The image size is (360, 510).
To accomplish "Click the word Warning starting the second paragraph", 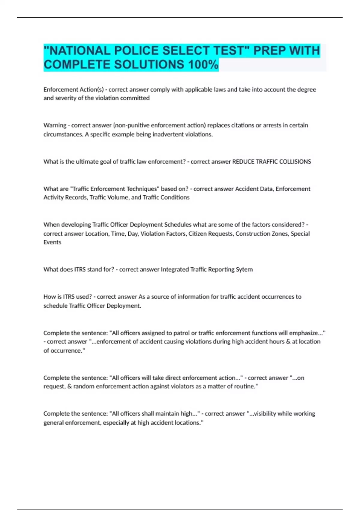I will (55, 125).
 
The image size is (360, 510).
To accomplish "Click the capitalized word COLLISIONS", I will (295, 162).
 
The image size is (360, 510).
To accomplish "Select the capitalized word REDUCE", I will (243, 162).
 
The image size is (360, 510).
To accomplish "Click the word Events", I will (52, 242).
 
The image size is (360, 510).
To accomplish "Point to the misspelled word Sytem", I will (244, 269).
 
